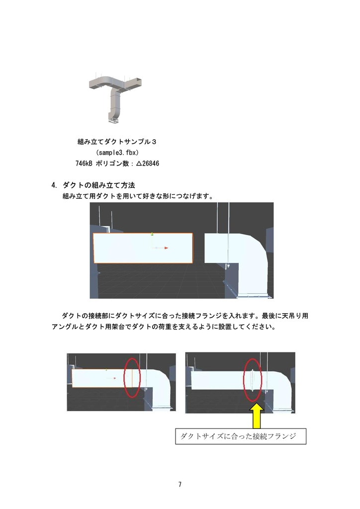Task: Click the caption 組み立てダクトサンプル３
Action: [117, 142]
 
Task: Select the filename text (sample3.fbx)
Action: [117, 153]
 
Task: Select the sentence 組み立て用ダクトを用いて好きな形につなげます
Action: [138, 196]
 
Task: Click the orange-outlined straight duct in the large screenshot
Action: [143, 248]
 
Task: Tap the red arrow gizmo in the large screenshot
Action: [162, 248]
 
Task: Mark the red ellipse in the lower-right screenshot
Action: [253, 379]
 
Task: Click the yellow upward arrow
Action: [257, 416]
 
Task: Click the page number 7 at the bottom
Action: [180, 484]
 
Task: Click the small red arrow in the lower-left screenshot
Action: [112, 379]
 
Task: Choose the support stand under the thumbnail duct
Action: [113, 119]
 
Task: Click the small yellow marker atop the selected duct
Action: [152, 233]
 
